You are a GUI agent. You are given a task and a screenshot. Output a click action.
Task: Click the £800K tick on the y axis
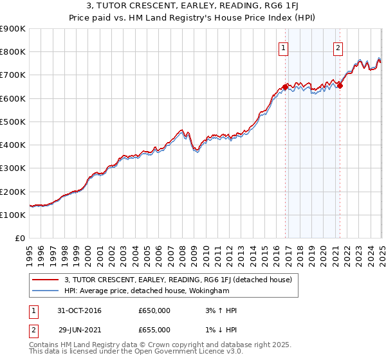13,52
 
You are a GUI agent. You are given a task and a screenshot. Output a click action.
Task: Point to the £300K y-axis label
13,168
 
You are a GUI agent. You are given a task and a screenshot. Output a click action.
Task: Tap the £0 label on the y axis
20,239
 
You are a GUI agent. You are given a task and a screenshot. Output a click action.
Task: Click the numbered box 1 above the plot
284,46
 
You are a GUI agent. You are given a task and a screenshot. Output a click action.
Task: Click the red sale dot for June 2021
340,86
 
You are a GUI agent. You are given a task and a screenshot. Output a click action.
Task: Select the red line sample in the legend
46,280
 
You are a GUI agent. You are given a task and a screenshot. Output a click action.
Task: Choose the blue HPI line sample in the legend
46,290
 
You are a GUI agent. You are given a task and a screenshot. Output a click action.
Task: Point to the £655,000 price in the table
154,330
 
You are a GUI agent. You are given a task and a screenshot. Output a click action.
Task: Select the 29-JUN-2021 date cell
80,330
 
